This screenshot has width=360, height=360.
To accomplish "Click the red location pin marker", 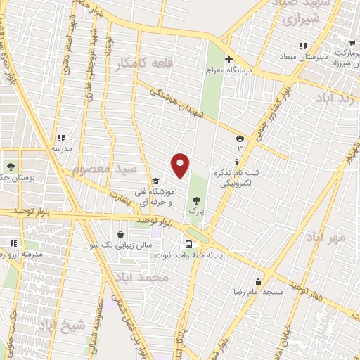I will pos(181,165).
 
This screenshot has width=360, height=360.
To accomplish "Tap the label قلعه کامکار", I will pos(145,63).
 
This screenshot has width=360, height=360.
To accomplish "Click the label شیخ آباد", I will pos(61,325).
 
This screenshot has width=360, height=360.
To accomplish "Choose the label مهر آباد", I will pos(326,237).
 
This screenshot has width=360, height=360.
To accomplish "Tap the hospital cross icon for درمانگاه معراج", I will pos(229,58).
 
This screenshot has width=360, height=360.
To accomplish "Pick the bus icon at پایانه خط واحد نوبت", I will pos(188,243).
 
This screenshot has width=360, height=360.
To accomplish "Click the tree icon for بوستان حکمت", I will pos(11,167).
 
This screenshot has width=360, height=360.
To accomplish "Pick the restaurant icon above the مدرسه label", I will pos(60,138).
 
